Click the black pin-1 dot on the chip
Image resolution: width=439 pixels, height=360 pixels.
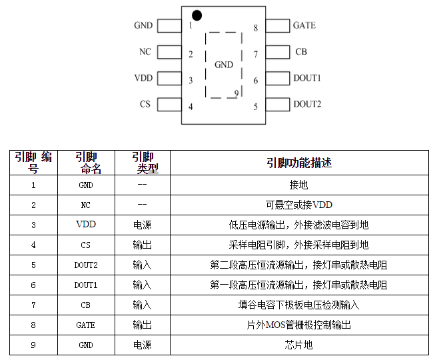(x=197, y=15)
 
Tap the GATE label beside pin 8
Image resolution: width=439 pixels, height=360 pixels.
(x=304, y=26)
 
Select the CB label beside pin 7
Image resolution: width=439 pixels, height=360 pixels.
(x=301, y=52)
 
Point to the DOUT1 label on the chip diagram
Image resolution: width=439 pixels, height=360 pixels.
(x=307, y=78)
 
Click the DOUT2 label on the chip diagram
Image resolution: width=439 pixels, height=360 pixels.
(x=307, y=104)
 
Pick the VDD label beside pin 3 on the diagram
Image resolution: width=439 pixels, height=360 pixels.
(x=143, y=78)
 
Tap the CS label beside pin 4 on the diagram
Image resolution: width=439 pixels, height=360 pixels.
(x=145, y=104)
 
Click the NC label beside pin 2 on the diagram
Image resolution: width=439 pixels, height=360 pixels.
(x=145, y=52)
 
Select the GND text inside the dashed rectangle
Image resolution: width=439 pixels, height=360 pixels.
(x=224, y=65)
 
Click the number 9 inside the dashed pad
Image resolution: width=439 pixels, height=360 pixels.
(x=236, y=93)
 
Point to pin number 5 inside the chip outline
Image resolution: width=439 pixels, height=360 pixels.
(x=256, y=106)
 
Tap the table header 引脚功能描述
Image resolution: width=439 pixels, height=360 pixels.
(x=299, y=163)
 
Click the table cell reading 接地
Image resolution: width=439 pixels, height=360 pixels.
(x=299, y=185)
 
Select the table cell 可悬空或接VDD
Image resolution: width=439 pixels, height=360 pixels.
(x=299, y=205)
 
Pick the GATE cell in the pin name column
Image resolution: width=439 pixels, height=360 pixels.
(x=86, y=325)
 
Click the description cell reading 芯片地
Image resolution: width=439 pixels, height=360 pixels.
(x=299, y=345)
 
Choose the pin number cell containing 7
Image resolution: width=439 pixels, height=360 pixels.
(x=33, y=305)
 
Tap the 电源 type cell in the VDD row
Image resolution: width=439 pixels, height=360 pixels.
(x=143, y=225)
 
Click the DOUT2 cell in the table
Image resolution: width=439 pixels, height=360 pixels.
(x=86, y=265)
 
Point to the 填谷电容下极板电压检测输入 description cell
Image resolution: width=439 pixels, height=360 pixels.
(x=299, y=305)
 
